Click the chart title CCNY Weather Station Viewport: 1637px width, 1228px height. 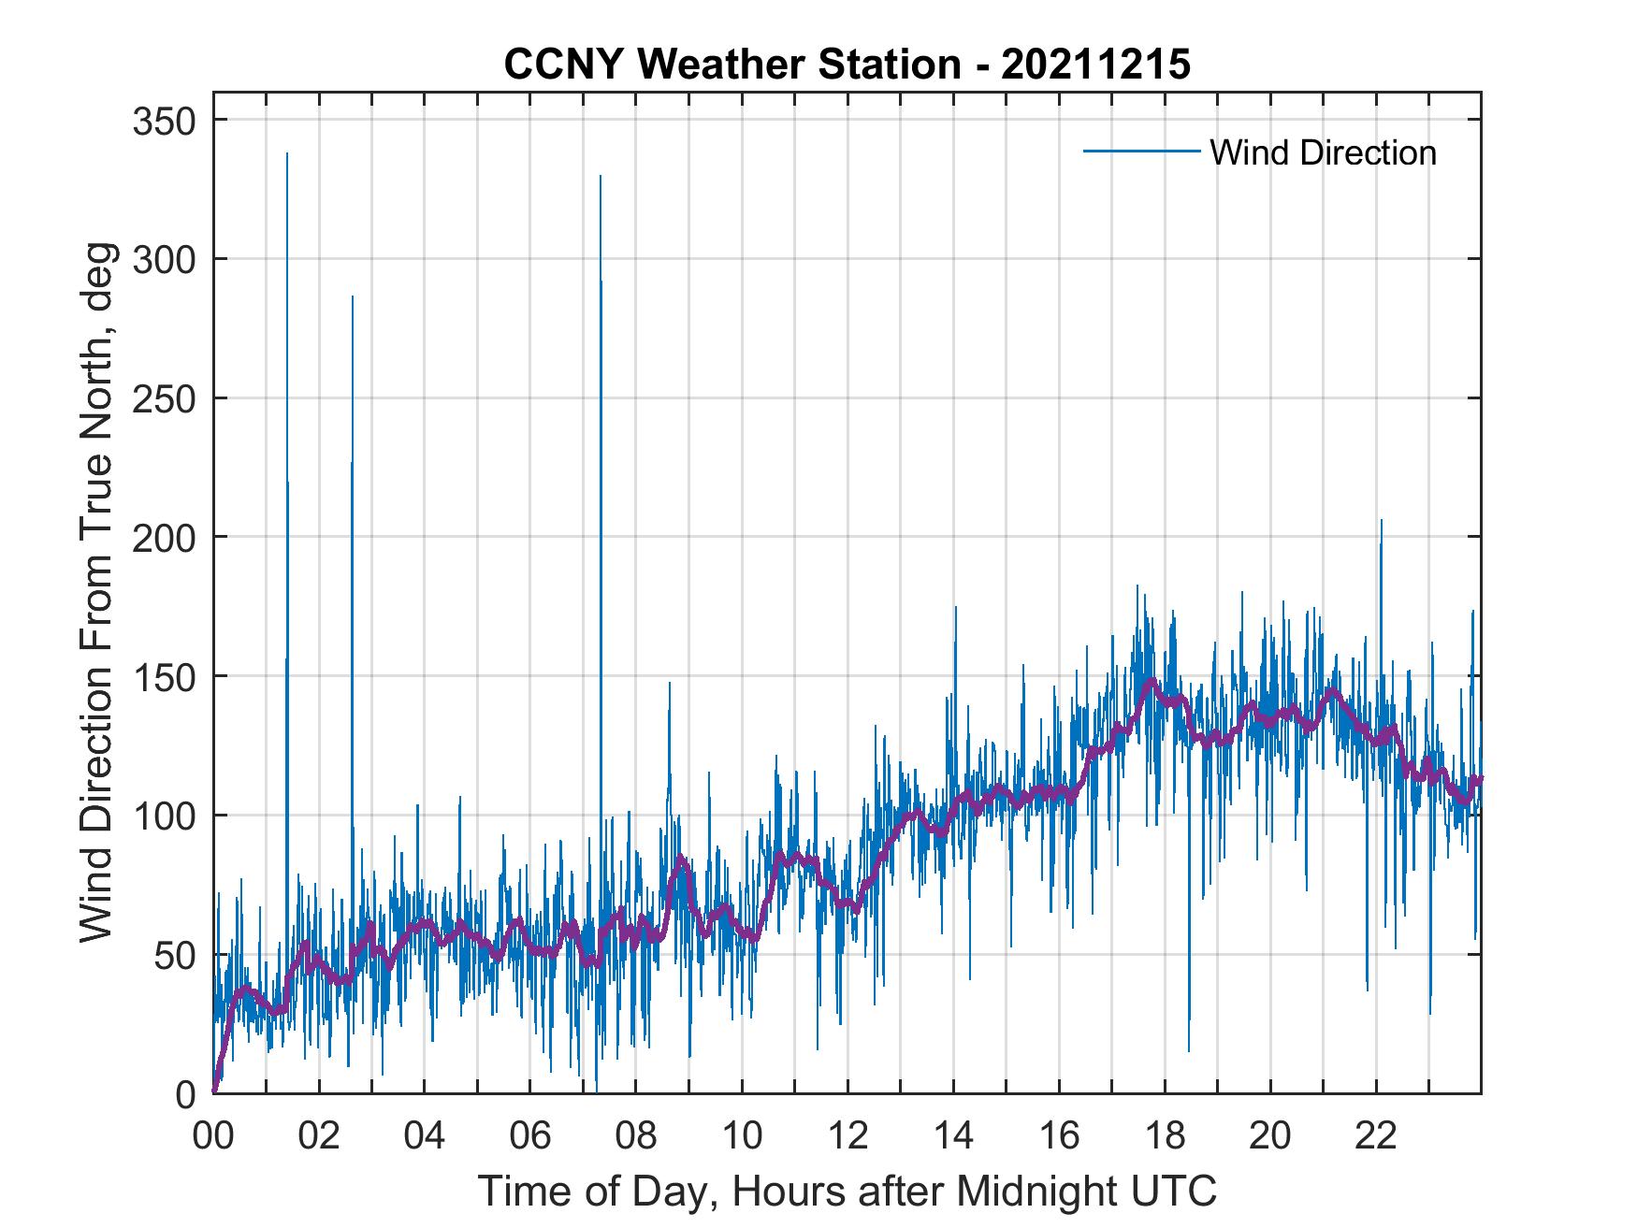click(731, 64)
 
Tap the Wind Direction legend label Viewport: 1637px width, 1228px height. click(1323, 152)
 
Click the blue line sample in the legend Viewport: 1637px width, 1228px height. click(1140, 152)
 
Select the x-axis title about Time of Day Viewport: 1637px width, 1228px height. click(847, 1191)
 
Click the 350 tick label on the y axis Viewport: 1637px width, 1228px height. click(167, 121)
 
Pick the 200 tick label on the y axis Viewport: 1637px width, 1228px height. click(167, 538)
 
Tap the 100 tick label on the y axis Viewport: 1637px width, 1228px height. click(167, 816)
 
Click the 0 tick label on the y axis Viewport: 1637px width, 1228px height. click(187, 1093)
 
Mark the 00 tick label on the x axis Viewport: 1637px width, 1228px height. click(213, 1136)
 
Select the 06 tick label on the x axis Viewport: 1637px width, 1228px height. click(530, 1136)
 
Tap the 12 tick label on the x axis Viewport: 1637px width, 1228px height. click(847, 1136)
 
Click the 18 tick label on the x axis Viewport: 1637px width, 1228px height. click(1165, 1136)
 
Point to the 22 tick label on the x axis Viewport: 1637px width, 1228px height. click(1376, 1136)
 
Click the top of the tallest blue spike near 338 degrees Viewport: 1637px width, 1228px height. click(287, 153)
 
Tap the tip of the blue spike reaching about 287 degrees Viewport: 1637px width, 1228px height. click(353, 296)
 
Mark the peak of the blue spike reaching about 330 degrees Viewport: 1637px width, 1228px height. click(600, 176)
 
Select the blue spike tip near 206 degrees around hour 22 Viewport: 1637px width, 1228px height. click(1381, 521)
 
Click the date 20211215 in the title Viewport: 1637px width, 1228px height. click(1095, 64)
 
